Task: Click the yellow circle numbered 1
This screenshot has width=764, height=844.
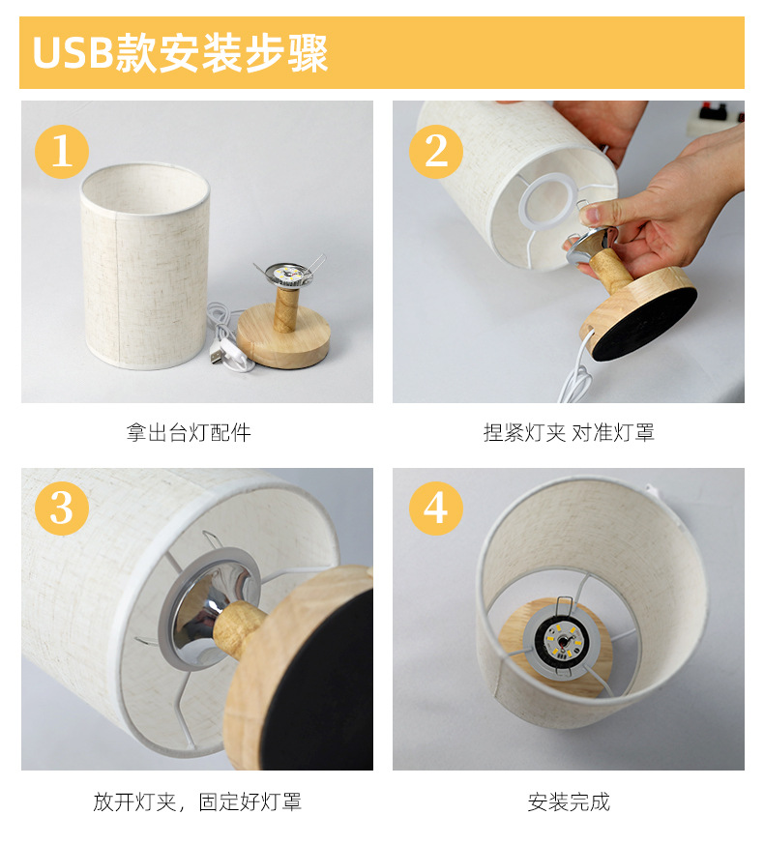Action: (x=61, y=152)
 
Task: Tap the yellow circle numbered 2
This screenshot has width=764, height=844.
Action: (x=435, y=152)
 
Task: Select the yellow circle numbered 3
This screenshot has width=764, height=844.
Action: (x=61, y=509)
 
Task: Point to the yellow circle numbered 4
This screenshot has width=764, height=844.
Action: (x=435, y=509)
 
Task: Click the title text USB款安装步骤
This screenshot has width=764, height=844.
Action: (x=181, y=53)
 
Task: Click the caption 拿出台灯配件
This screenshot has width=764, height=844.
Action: (x=189, y=433)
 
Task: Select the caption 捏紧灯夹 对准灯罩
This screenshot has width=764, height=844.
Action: (x=569, y=433)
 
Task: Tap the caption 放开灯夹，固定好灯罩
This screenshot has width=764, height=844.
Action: (x=197, y=801)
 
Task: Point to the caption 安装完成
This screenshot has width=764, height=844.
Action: (x=569, y=801)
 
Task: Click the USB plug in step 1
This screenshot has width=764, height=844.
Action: (x=217, y=356)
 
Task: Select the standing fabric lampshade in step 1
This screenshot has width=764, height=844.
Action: (x=145, y=266)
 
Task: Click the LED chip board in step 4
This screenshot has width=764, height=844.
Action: (x=562, y=639)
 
